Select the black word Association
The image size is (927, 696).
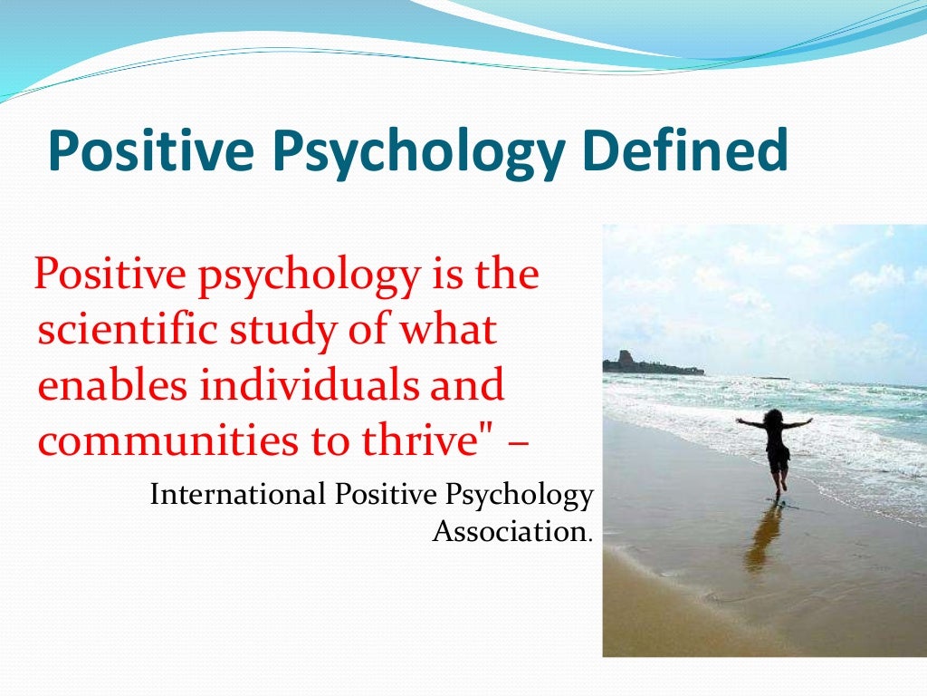pyautogui.click(x=510, y=531)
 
